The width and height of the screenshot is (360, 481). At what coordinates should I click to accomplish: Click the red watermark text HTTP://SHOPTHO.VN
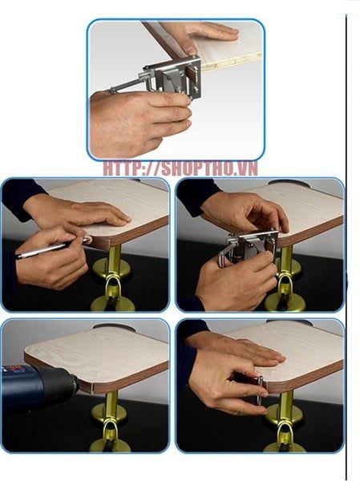pyautogui.click(x=180, y=168)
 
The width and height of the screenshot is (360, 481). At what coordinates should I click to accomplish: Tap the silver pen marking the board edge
pyautogui.click(x=53, y=247)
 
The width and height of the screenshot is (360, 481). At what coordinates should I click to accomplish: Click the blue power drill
pyautogui.click(x=39, y=382)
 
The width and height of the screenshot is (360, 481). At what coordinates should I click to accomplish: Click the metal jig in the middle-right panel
pyautogui.click(x=249, y=246)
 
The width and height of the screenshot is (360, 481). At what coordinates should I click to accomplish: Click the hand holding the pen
pyautogui.click(x=51, y=257)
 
